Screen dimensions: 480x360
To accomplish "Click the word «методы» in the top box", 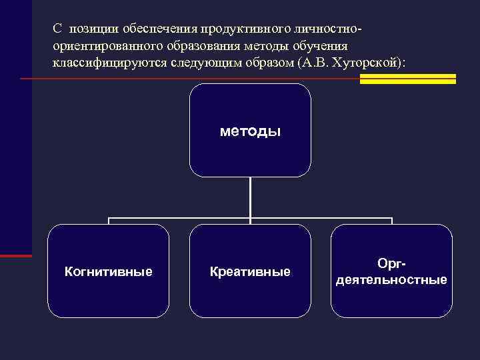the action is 250,131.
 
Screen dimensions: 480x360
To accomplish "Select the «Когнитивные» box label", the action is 108,272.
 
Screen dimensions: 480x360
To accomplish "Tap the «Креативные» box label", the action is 250,272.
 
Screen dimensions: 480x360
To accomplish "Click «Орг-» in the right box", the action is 391,264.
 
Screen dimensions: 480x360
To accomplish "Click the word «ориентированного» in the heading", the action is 101,47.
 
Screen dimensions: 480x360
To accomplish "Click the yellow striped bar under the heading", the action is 407,79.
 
